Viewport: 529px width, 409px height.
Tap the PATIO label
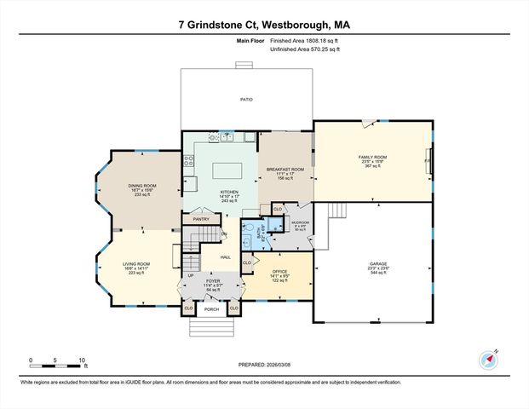point(246,101)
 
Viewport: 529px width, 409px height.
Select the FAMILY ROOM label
point(372,157)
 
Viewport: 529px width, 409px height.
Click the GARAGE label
point(377,264)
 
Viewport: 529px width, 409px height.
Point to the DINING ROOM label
point(142,185)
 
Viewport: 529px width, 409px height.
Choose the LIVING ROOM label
point(137,264)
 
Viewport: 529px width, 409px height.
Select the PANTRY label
point(201,219)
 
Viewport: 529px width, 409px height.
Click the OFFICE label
point(279,271)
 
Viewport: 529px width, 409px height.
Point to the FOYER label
point(212,280)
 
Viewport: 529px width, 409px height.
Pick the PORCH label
point(211,308)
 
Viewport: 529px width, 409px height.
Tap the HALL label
point(226,256)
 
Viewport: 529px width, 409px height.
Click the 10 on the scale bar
point(82,360)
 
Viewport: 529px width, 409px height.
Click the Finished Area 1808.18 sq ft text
point(305,41)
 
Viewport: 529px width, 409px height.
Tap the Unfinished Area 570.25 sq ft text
point(305,49)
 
